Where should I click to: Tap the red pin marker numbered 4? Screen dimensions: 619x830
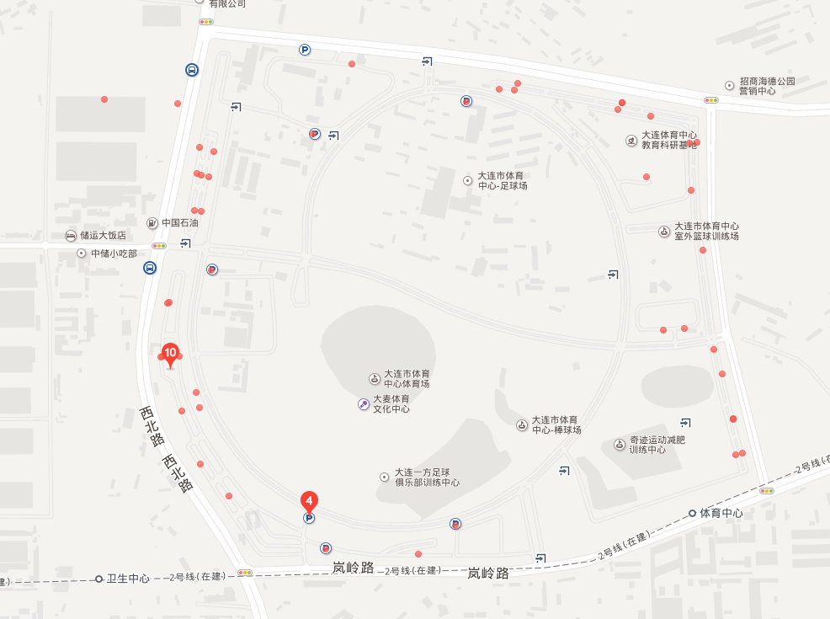pos(310,501)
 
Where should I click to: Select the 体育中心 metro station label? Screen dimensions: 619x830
pos(721,513)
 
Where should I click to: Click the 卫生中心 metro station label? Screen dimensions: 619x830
pos(127,579)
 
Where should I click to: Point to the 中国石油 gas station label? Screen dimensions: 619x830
pos(179,223)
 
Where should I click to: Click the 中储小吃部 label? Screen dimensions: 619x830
pos(113,253)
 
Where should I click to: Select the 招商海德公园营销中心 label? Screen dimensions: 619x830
pos(766,86)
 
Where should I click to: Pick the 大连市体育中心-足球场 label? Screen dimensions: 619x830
pos(502,180)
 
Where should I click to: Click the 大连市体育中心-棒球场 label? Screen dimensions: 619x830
pos(554,424)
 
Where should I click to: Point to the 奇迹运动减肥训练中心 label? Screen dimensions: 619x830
pos(657,445)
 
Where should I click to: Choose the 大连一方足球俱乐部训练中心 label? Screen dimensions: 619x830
pos(426,478)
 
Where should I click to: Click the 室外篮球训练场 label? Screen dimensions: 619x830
pos(705,232)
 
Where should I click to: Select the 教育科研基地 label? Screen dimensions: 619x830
pos(668,140)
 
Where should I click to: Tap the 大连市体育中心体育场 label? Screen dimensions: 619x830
pos(406,378)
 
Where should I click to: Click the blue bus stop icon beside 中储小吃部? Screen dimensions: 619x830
pos(149,268)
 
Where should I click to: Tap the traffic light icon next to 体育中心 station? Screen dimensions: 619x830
pos(766,490)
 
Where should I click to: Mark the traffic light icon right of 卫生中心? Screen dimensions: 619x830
pos(245,573)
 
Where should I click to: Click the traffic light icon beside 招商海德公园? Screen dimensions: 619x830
pos(711,99)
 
